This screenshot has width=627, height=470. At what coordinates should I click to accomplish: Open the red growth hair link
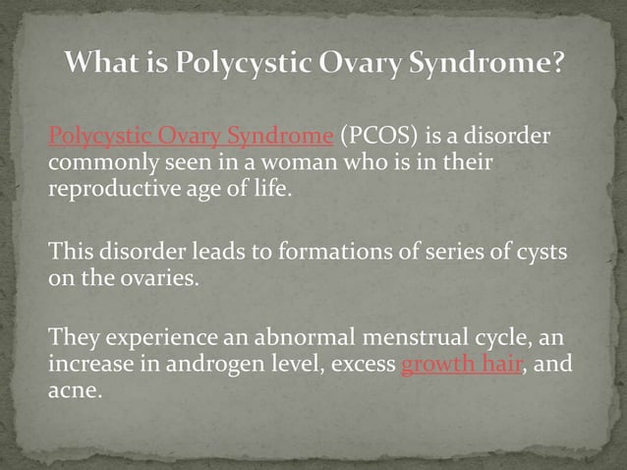coord(460,367)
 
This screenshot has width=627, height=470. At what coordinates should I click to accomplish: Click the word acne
coord(74,392)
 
